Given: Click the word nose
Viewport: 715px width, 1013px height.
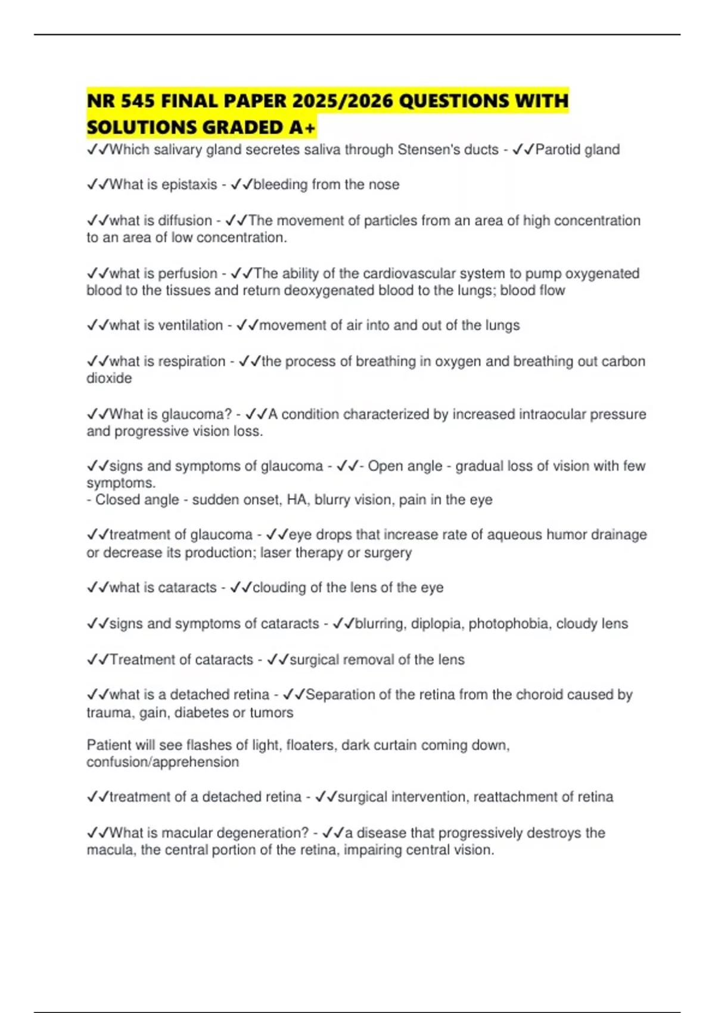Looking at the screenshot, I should pyautogui.click(x=384, y=185).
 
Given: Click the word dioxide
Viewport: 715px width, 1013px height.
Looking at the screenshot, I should pyautogui.click(x=109, y=378).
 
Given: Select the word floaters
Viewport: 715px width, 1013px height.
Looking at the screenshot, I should pyautogui.click(x=310, y=745).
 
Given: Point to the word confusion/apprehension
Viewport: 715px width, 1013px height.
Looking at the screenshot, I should pyautogui.click(x=163, y=762).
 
